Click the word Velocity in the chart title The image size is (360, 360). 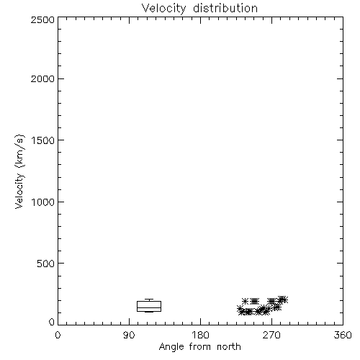(x=163, y=9)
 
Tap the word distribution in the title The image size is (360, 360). (x=225, y=8)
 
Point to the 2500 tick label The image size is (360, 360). (x=42, y=19)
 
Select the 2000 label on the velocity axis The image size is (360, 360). (x=42, y=78)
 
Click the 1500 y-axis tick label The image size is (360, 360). (x=43, y=140)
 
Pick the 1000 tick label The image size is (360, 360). (x=43, y=202)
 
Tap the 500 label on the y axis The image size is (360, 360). (x=46, y=264)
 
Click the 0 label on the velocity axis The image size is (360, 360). (x=52, y=322)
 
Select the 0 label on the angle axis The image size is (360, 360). (x=58, y=335)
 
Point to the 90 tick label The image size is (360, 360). (x=129, y=335)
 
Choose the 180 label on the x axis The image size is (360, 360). (x=200, y=335)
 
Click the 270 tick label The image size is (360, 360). (x=271, y=335)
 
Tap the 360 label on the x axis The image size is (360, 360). (x=343, y=335)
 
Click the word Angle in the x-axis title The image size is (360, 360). (x=171, y=347)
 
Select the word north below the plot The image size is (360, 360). (x=229, y=346)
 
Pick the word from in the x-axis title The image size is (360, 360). (x=200, y=346)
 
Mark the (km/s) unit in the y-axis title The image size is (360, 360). (x=19, y=151)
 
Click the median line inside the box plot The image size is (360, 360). (x=149, y=307)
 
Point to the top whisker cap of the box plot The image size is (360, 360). (x=149, y=299)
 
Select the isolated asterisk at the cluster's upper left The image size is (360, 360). (x=245, y=301)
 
